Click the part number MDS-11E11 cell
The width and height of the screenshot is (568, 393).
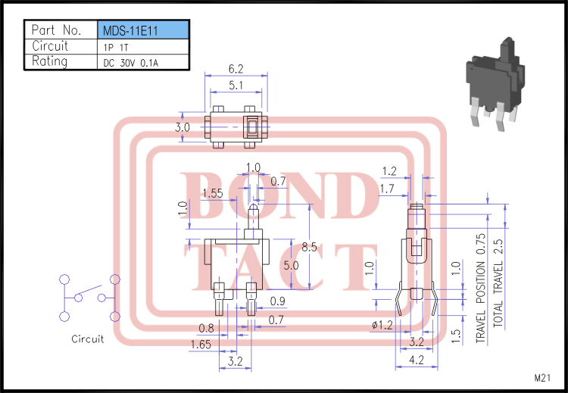pos(143,30)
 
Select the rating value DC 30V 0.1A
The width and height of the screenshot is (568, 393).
pos(131,63)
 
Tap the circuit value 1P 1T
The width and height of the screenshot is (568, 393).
pos(116,48)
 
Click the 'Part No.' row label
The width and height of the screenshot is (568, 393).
pos(56,30)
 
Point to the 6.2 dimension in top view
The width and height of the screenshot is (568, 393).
pos(236,68)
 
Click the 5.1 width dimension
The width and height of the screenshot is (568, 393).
pos(236,86)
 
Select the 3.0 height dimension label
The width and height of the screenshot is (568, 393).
pos(183,127)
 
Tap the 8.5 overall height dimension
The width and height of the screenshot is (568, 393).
pos(309,247)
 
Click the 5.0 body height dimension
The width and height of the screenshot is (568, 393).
pos(291,266)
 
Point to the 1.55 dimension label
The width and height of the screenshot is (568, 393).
pos(212,193)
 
